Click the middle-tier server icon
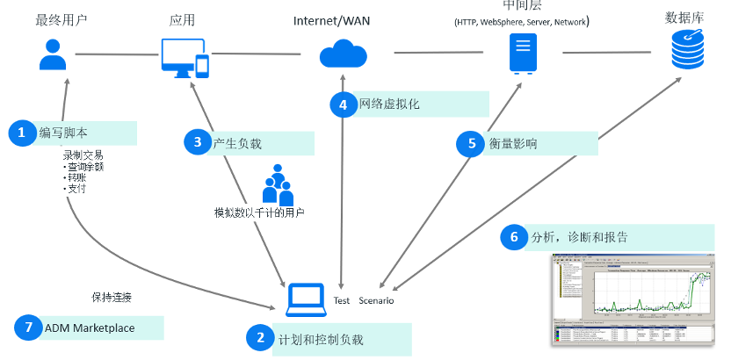tap(523, 54)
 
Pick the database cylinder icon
tap(687, 49)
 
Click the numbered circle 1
tap(21, 133)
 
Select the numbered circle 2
tap(260, 338)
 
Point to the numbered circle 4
tap(343, 104)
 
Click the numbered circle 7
tap(28, 328)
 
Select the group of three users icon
tap(278, 185)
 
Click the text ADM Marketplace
tap(90, 328)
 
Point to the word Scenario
tap(376, 300)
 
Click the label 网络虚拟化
tap(390, 104)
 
